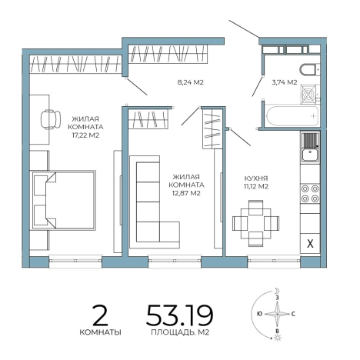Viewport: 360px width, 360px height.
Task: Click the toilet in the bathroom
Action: coord(309,70)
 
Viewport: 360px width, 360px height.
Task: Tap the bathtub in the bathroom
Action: coord(292,116)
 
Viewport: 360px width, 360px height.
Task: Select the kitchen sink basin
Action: coord(310,155)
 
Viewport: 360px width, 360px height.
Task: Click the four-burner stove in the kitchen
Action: coord(310,194)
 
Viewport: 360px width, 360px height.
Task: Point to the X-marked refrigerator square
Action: coord(310,243)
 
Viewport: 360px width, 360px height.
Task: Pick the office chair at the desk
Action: coord(50,119)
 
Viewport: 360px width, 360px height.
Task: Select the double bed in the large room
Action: coord(64,200)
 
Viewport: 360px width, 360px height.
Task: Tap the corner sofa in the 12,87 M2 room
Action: coord(155,202)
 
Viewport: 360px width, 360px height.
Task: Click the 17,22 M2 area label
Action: coord(85,135)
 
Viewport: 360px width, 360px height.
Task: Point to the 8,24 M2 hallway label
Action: coord(191,82)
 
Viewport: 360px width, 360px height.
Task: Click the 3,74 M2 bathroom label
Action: coord(285,82)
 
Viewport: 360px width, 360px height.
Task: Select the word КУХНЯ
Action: coord(255,178)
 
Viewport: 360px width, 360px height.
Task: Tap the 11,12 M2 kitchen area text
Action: coord(255,186)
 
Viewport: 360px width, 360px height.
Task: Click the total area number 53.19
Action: coord(179,315)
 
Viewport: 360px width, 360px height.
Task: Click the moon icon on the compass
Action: coord(276,291)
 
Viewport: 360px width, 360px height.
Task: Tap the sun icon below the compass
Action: coord(277,338)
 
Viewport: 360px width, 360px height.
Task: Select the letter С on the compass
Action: coord(293,314)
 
